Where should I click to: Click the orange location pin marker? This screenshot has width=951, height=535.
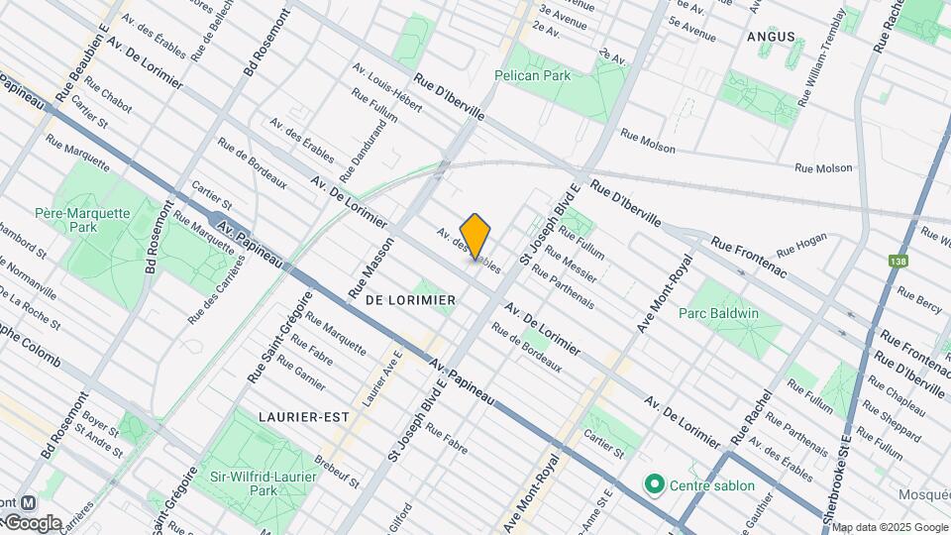pos(475,236)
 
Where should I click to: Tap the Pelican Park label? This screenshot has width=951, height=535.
pos(547,75)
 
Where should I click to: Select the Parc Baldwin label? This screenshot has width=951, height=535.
pos(718,314)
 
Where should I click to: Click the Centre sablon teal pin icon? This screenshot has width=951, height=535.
pos(654,485)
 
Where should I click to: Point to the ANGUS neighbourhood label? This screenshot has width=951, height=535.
pos(772,37)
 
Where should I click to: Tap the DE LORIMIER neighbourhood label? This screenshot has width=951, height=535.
pos(410,299)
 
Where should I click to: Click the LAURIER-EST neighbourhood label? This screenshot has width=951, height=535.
pos(303,417)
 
